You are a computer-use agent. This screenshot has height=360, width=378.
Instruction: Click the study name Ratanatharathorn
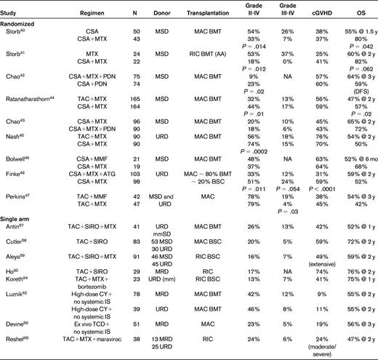[x=33, y=97]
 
